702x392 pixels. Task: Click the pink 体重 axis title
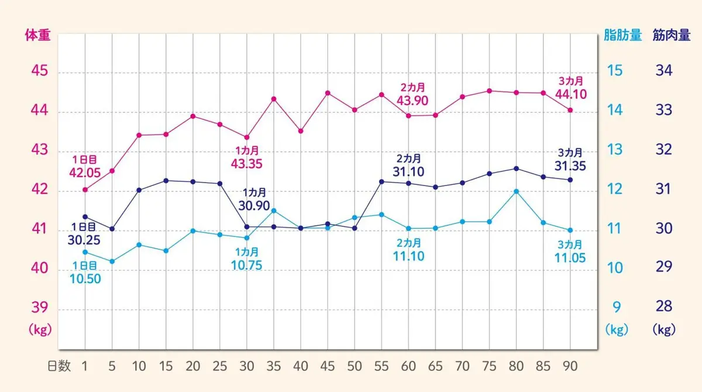point(37,35)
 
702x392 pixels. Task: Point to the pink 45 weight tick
point(39,72)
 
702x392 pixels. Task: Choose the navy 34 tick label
point(664,71)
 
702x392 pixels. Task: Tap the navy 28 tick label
point(664,307)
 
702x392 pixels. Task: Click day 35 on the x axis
point(274,366)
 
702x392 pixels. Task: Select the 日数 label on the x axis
point(58,366)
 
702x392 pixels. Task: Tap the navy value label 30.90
point(254,205)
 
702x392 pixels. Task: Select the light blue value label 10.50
point(85,278)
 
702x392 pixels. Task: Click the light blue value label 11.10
point(409,256)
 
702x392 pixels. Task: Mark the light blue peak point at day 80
point(516,191)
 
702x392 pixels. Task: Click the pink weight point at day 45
point(328,93)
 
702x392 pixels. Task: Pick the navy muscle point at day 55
point(381,181)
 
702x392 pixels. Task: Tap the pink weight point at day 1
point(85,190)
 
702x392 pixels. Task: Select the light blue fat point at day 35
point(274,211)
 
